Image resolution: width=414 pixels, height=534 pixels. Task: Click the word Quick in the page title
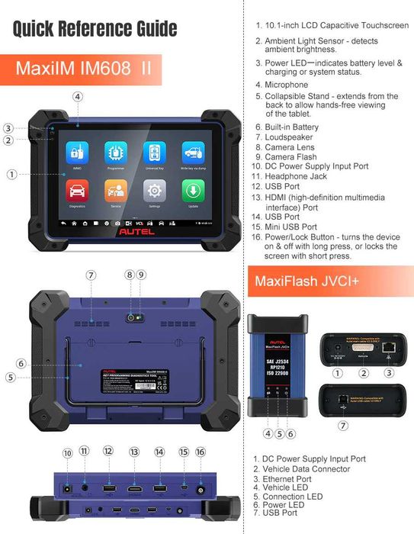tap(40, 29)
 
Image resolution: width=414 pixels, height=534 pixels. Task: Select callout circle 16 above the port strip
tap(201, 452)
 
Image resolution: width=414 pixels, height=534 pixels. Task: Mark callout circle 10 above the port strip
tap(67, 453)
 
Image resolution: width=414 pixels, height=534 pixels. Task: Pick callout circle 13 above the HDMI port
tap(134, 452)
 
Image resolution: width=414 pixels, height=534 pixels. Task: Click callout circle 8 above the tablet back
tap(130, 275)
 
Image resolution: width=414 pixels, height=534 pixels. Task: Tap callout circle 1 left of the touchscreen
tap(12, 174)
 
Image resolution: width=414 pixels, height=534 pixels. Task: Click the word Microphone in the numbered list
tap(286, 85)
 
